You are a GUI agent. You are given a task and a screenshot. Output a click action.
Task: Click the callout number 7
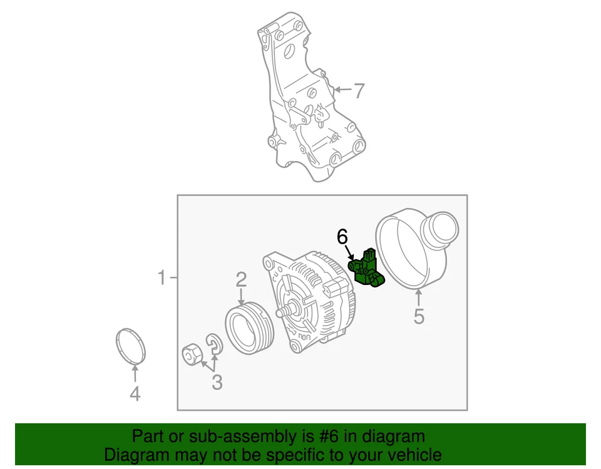click(x=358, y=91)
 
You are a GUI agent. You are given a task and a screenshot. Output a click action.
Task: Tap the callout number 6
click(x=342, y=237)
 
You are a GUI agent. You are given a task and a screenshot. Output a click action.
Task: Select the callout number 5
click(x=418, y=317)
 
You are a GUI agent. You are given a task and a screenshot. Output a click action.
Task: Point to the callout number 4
click(x=135, y=394)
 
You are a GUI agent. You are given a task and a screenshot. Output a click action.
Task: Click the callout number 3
click(x=217, y=382)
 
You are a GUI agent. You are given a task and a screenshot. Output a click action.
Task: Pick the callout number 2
click(x=241, y=280)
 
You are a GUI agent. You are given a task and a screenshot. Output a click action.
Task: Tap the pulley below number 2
click(x=249, y=328)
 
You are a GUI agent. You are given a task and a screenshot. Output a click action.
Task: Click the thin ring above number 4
click(x=131, y=345)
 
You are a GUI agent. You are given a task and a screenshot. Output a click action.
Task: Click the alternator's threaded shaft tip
click(x=285, y=311)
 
